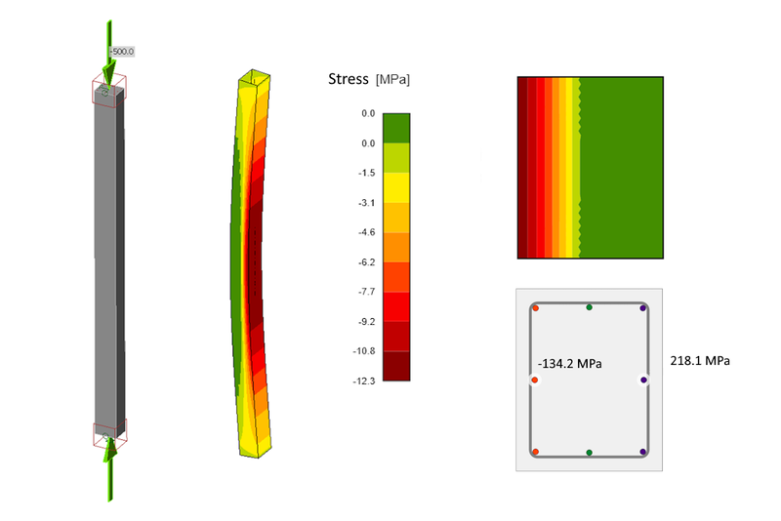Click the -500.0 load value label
click(120, 52)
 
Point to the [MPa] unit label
click(392, 80)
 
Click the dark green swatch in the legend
click(396, 128)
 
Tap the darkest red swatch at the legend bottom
click(396, 365)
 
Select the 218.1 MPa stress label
click(701, 361)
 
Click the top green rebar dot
click(589, 307)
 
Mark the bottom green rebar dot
click(589, 453)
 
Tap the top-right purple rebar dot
click(642, 308)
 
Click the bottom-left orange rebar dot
click(535, 452)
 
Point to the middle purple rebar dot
click(643, 380)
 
